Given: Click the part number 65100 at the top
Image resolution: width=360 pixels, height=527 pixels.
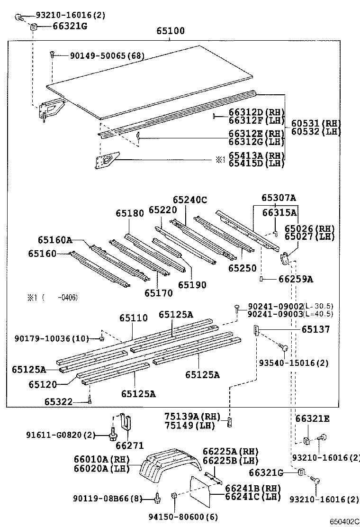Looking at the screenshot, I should coord(171,31).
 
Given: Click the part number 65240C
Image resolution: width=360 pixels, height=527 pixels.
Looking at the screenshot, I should coord(189,200).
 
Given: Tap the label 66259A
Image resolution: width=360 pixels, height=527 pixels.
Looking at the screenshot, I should coord(296,279).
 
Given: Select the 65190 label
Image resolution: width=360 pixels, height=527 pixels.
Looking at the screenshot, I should coord(192,285).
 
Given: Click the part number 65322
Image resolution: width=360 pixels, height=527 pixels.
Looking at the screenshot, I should coord(59,401).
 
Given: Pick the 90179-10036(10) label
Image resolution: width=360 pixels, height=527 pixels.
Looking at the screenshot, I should coord(52,338).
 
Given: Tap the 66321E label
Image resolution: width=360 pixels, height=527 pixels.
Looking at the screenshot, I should coord(312,418).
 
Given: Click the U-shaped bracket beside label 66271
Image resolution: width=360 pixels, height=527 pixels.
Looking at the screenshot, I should coord(125,421).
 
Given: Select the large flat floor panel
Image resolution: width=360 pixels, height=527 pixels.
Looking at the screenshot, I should coord(152,81).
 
